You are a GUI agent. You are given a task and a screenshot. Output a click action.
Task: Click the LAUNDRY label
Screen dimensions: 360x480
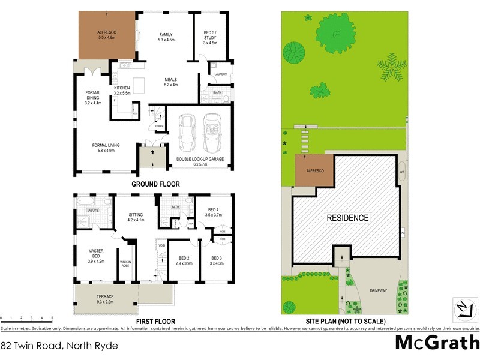click(x=219, y=74)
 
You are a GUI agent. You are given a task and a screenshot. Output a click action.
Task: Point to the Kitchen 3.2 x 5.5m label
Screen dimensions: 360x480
click(x=122, y=91)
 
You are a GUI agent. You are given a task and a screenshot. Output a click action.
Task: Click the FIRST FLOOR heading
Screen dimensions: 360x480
click(x=155, y=322)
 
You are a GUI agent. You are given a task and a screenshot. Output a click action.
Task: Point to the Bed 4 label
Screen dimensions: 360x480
click(x=214, y=211)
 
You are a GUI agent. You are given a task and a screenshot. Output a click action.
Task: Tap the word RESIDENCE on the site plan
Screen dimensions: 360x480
click(x=347, y=218)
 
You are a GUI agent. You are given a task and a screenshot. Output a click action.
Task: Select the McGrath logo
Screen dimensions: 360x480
click(x=437, y=343)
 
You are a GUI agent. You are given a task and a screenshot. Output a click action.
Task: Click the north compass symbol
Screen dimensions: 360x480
click(x=462, y=308)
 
